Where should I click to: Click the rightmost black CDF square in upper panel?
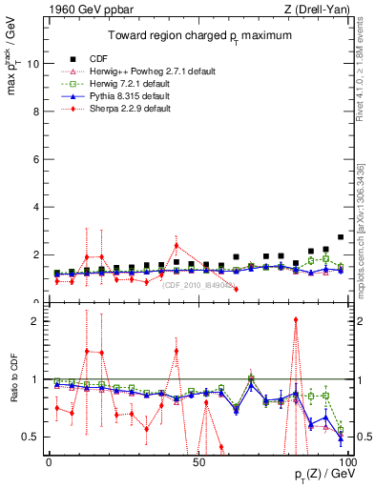point(341,237)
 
